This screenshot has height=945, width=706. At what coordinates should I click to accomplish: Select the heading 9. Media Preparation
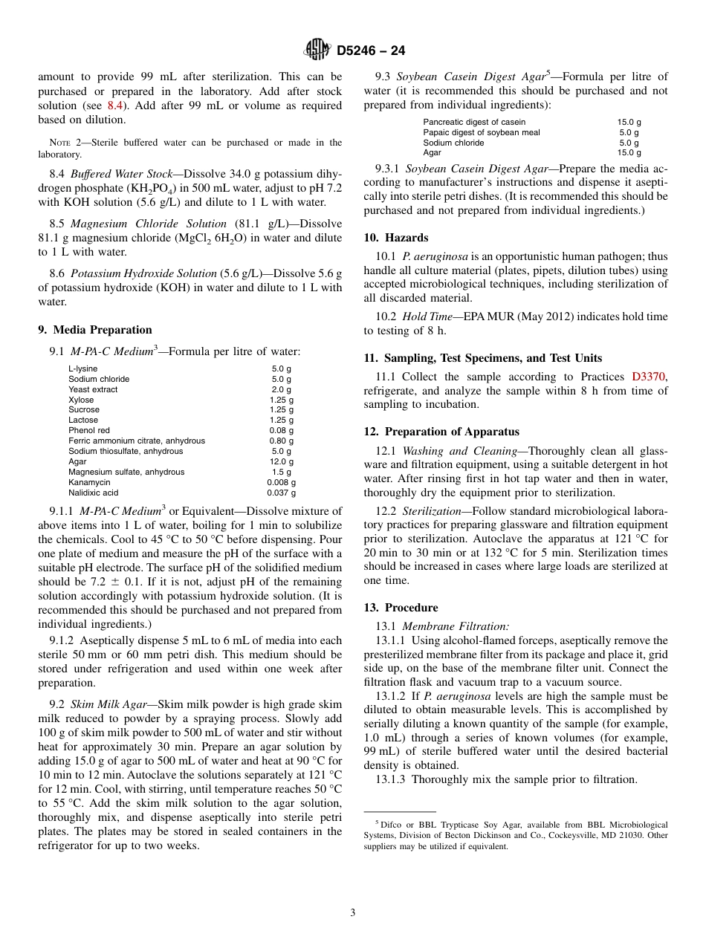[95, 330]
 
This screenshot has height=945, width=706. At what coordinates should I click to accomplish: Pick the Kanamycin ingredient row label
[88, 482]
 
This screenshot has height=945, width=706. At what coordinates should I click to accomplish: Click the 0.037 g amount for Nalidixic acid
[282, 493]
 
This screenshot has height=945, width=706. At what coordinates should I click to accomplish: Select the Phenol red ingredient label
[88, 430]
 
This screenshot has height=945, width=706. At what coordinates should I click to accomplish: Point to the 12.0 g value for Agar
[282, 461]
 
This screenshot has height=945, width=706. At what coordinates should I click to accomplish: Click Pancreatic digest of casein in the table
[474, 122]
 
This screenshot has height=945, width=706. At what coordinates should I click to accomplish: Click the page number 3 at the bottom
[353, 913]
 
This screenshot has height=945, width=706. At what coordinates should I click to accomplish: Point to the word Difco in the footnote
[391, 825]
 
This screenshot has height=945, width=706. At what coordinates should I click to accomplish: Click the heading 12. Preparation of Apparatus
[441, 432]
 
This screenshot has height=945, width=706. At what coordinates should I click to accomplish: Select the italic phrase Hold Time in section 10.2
[427, 316]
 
